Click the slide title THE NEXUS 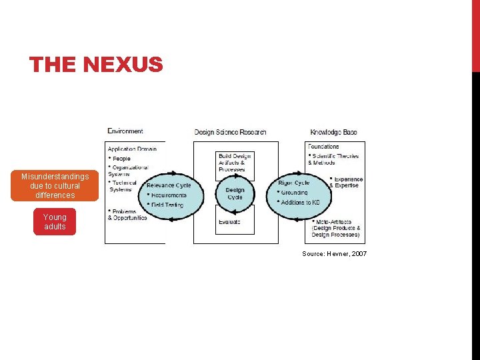[96, 65]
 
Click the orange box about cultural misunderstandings [55, 186]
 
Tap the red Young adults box [55, 222]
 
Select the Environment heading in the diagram [125, 131]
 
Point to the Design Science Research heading [230, 132]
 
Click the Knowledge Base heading [333, 132]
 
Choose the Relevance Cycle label [169, 185]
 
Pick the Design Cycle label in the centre [235, 193]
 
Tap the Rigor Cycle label [294, 183]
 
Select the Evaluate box [229, 222]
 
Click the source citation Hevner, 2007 [334, 254]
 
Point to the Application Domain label [133, 149]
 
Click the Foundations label [323, 147]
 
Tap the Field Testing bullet [167, 205]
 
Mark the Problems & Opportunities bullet [128, 215]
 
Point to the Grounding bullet [294, 193]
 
